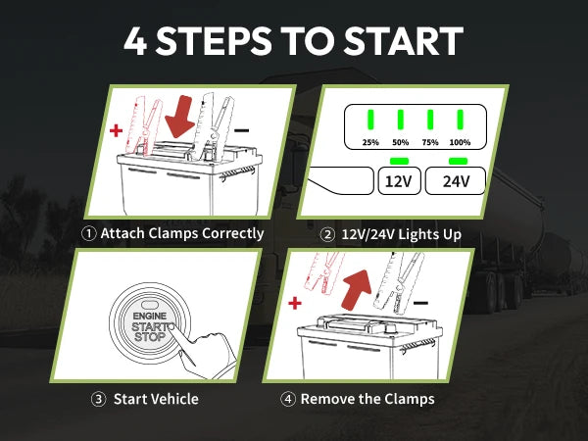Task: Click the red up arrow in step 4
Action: point(358,287)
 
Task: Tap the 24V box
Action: point(456,182)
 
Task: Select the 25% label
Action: point(371,143)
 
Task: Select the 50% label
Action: point(401,143)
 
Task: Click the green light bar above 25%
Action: point(371,121)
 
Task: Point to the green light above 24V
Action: point(456,160)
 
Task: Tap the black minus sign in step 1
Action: point(242,129)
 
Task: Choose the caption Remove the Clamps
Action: point(367,399)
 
